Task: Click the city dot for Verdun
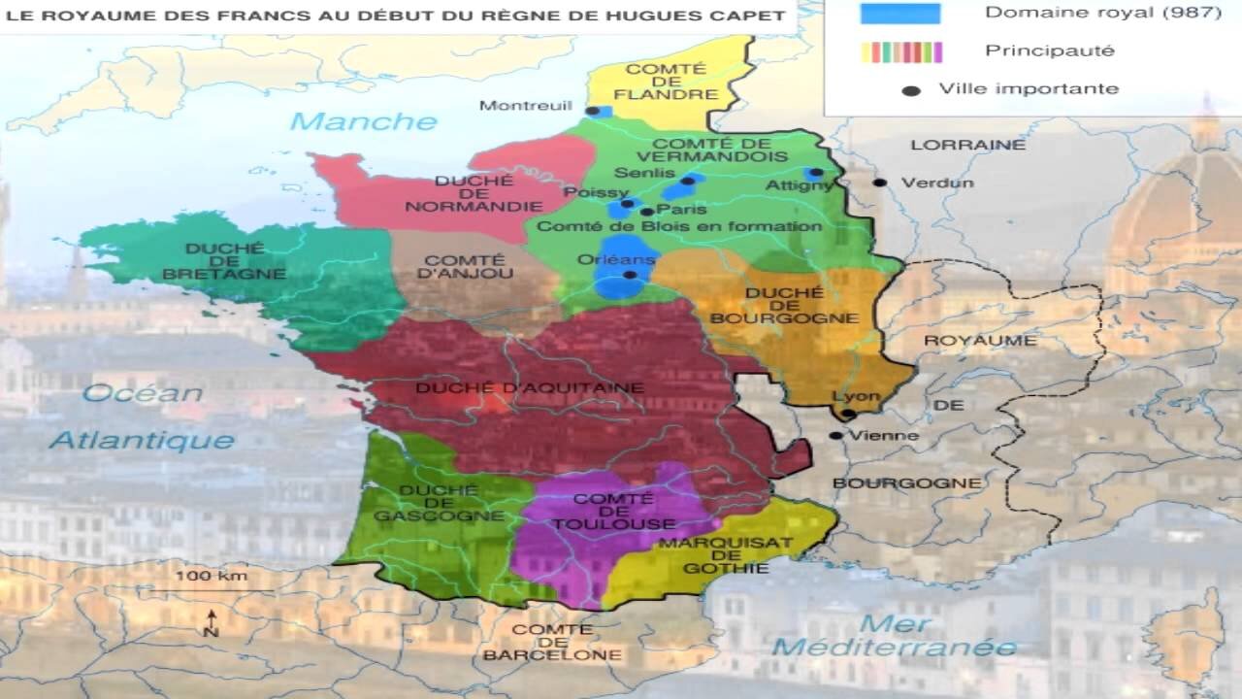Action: point(879,183)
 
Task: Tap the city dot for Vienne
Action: point(835,436)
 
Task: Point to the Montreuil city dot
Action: point(591,112)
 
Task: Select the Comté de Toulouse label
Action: point(612,511)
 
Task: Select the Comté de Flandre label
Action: point(671,82)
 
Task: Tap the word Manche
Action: point(364,121)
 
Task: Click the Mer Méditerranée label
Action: point(895,636)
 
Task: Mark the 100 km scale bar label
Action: point(211,576)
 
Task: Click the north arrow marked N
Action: point(211,622)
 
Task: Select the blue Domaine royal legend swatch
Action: point(900,14)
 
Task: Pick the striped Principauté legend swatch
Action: point(900,51)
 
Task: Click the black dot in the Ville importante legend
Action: point(910,90)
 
